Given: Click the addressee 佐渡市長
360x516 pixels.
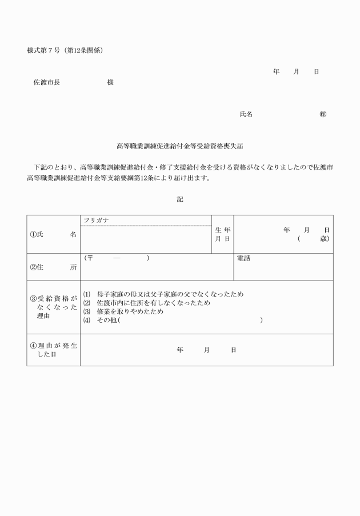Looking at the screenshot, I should pos(46,82).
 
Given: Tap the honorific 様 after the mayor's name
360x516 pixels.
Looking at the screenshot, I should pos(110,82).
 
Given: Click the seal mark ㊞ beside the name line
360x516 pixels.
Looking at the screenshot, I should pos(323,114).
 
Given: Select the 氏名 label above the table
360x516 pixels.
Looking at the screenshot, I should pos(246,114).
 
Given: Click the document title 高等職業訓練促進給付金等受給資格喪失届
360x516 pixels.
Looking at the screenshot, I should pos(180,146).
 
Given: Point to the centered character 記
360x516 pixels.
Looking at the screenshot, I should pos(180,199).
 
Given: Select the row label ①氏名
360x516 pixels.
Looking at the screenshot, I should pos(53,234).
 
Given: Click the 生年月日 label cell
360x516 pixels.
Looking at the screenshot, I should pos(222,234).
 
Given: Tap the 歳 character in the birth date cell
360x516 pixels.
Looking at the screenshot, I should pos(324,238).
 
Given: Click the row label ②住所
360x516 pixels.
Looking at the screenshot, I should pos(53,267).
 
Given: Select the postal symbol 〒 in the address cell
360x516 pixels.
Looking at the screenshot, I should pos(90,258).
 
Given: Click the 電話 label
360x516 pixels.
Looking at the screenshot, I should pos(243,258).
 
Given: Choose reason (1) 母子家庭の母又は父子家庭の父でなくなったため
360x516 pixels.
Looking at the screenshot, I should pos(163,294).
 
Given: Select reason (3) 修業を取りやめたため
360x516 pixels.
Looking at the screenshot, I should pos(123,312).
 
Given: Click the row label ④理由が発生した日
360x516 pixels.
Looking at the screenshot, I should pos(53,350).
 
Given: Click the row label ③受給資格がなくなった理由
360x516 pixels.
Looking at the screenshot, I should pos(53,307).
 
